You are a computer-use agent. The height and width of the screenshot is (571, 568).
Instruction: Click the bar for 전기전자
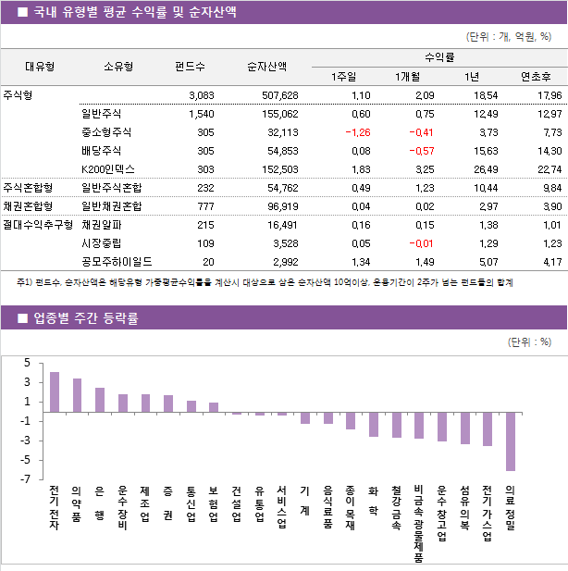pos(55,391)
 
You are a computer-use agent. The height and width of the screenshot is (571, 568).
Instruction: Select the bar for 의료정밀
pos(510,441)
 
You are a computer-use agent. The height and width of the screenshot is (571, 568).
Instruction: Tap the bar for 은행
pos(100,400)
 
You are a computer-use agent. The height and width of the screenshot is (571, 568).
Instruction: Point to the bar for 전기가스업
pos(487,428)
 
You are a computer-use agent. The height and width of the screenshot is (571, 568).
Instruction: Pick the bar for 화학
pos(374,424)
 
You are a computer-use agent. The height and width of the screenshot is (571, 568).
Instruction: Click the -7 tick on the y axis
pos(27,479)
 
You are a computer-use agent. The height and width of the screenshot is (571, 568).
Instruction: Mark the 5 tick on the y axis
pos(28,363)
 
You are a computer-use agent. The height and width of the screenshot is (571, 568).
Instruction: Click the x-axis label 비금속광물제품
pos(419,523)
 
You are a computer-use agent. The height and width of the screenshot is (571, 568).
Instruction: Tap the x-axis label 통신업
pos(191,504)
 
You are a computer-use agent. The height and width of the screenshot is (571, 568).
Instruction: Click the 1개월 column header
pos(408,76)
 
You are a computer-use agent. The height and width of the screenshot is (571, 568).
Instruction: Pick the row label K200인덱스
pos(108,169)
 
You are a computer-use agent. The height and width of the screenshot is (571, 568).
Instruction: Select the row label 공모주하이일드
pos(117,261)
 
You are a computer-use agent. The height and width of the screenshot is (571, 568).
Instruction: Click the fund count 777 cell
pos(201,206)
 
